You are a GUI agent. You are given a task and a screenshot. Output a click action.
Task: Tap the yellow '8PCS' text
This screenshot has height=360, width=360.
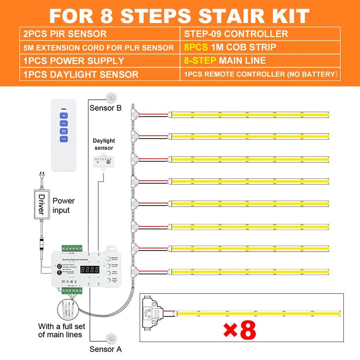point(196,47)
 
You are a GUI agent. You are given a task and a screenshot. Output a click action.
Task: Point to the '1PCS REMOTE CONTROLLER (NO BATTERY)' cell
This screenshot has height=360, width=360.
point(260,75)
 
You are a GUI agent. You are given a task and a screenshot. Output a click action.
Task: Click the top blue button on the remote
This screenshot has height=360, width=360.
point(64,116)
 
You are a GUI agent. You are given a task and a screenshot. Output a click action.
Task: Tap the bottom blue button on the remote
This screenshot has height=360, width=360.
point(64,138)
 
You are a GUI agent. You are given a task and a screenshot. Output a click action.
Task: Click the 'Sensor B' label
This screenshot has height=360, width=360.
point(105,108)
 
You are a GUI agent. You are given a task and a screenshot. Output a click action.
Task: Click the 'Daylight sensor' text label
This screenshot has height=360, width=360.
point(104,144)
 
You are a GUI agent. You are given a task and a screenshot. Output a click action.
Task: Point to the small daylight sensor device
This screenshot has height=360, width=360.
point(104,162)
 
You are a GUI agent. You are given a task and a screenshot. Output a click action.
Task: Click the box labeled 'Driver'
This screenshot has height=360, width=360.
point(41,204)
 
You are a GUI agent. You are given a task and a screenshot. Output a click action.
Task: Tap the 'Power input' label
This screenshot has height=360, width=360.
point(63,205)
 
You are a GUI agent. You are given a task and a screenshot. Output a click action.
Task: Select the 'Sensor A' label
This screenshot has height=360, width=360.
point(105,349)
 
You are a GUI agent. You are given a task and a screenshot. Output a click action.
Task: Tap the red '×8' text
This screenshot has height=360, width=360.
point(240,330)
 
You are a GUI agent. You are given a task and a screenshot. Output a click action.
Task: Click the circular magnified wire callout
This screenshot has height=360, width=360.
point(69,309)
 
